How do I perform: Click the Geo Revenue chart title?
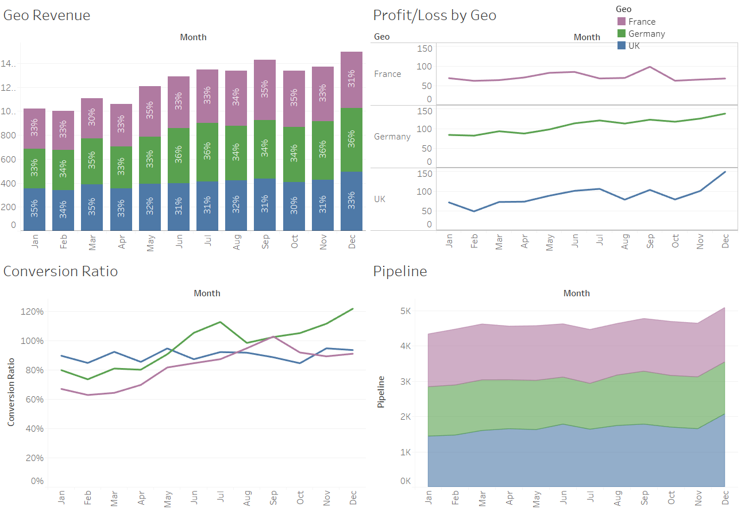[x=47, y=16]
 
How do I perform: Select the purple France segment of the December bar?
[x=351, y=80]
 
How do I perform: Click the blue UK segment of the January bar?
[x=35, y=209]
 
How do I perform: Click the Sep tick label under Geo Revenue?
[x=266, y=243]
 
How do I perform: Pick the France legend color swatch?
[x=621, y=21]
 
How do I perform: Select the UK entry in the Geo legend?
[x=634, y=45]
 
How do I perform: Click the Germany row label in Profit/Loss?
[x=392, y=137]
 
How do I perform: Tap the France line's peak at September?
[x=650, y=67]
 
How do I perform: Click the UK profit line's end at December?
[x=725, y=172]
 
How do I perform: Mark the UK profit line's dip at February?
[x=474, y=211]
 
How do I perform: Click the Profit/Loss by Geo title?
[x=434, y=16]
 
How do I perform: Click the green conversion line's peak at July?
[x=221, y=322]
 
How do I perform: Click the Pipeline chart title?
[x=400, y=272]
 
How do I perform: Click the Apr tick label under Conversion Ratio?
[x=141, y=497]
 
